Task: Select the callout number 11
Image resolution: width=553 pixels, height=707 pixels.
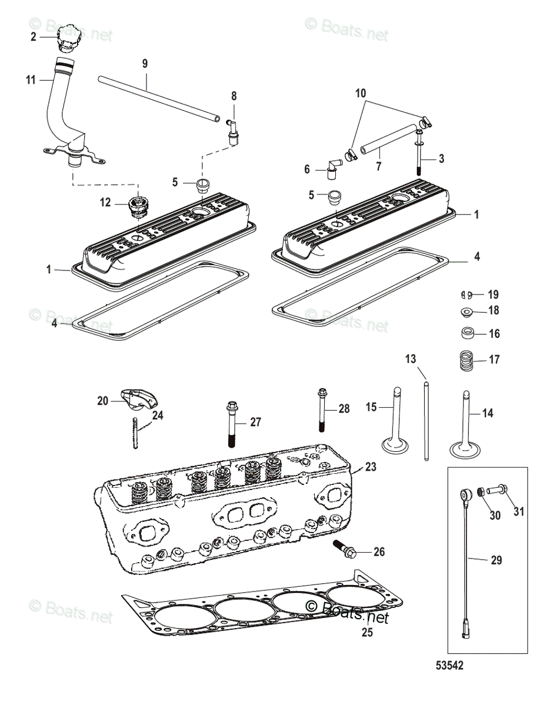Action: (31, 80)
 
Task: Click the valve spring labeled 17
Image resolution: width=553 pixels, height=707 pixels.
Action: (466, 359)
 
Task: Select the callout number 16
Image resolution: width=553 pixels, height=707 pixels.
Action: (495, 334)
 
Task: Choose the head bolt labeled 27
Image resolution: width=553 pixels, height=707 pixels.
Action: (231, 424)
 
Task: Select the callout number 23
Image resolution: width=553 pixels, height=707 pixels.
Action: (370, 467)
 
